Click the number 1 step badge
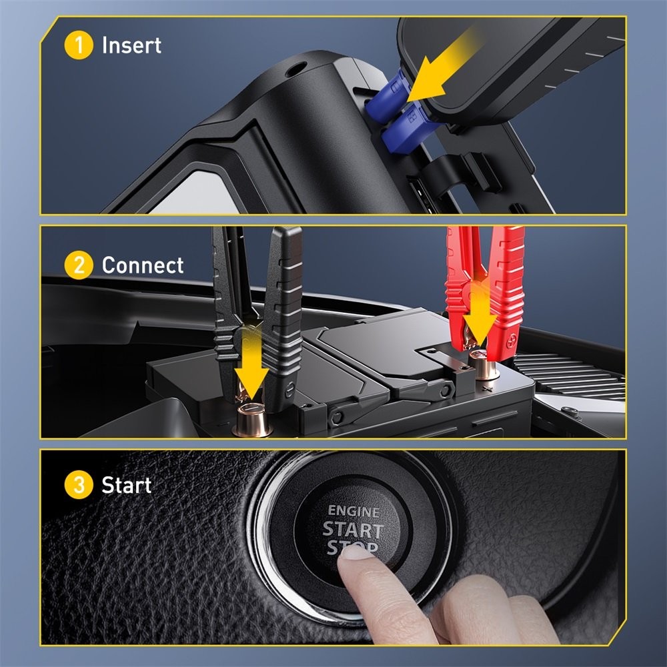[79, 45]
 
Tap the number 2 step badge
[79, 265]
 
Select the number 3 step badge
[79, 485]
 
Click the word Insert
[131, 45]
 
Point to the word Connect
[142, 265]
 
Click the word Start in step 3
[127, 485]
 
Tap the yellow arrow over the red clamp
[479, 313]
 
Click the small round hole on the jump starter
[293, 67]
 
